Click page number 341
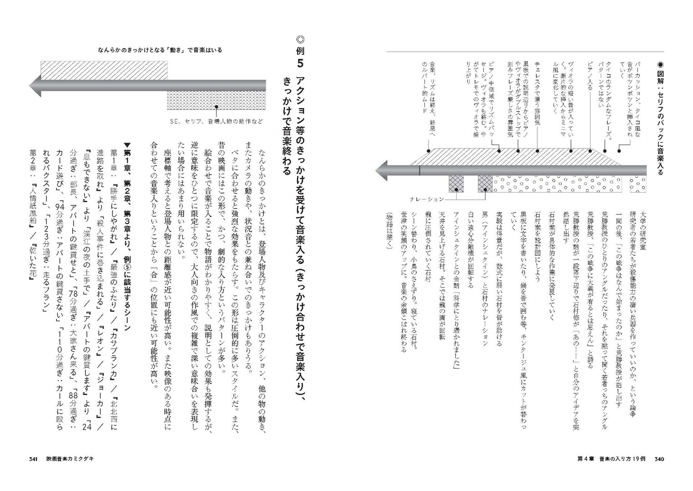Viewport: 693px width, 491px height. (33, 459)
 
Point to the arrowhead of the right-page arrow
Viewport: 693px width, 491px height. (383, 170)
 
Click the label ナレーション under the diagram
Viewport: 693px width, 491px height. (426, 199)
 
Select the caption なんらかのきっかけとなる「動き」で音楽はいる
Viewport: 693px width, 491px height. (160, 50)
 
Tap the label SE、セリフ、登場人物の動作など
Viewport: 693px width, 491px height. (216, 121)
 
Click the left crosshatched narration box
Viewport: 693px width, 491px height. (456, 183)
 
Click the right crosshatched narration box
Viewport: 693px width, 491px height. (485, 183)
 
